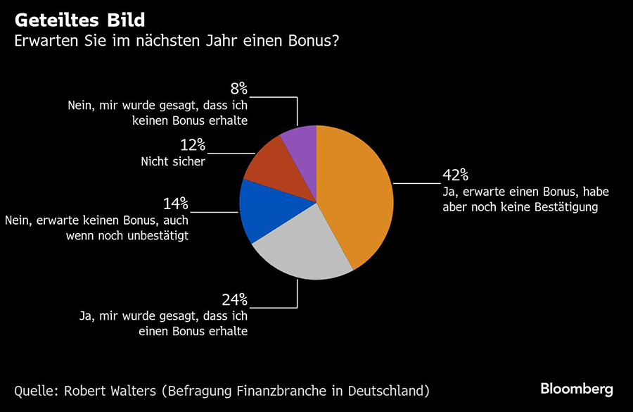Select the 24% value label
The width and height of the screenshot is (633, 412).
pos(235,299)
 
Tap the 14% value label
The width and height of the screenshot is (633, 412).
pos(176,204)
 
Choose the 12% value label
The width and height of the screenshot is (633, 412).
pos(191,145)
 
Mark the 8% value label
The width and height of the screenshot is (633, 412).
pos(238,89)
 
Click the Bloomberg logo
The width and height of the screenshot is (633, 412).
pos(577,389)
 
